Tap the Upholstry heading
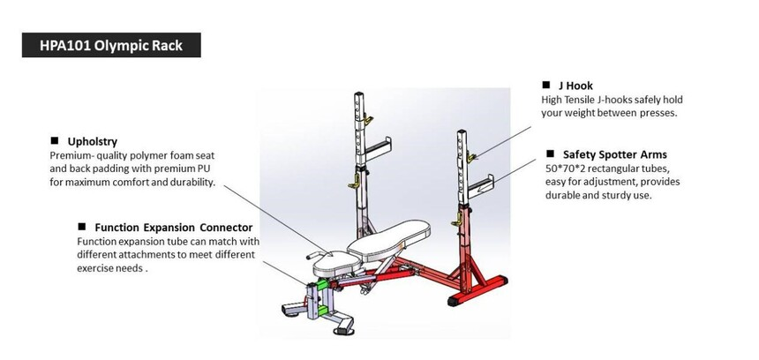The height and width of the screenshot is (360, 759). pyautogui.click(x=93, y=140)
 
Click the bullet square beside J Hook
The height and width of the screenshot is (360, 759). pyautogui.click(x=547, y=86)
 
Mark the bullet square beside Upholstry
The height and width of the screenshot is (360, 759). pyautogui.click(x=55, y=140)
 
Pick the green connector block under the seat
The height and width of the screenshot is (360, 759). pyautogui.click(x=326, y=284)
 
